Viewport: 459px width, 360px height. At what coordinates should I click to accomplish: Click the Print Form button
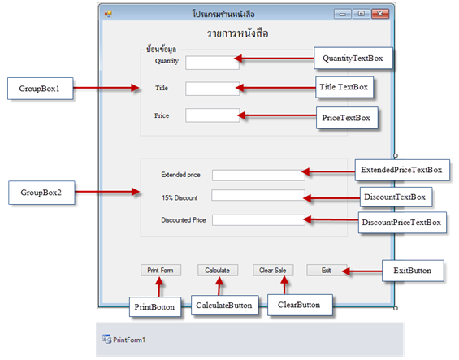tap(161, 270)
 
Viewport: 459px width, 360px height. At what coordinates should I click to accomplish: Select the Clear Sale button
tap(273, 270)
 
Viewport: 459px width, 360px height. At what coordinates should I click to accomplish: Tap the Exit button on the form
tap(327, 270)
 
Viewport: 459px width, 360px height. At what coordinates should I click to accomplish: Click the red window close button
tap(380, 14)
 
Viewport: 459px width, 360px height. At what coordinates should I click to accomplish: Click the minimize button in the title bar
tap(343, 14)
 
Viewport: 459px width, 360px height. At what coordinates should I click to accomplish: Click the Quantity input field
tap(212, 63)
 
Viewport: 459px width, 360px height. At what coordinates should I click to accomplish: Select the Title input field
tap(213, 89)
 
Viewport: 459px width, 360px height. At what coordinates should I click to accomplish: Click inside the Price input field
tap(213, 115)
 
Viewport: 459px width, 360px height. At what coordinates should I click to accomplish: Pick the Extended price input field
tap(258, 176)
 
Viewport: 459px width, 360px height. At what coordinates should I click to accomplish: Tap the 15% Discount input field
tap(258, 195)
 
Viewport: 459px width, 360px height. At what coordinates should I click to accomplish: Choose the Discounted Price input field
tap(258, 220)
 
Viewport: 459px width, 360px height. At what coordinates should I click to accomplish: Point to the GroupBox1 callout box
tap(41, 89)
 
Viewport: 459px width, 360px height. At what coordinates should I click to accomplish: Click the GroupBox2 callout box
tap(41, 193)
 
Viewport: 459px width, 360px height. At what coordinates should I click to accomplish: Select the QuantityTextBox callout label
tap(353, 58)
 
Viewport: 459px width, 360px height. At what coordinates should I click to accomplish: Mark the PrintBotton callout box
tap(155, 306)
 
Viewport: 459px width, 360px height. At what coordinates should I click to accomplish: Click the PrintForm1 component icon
tap(107, 339)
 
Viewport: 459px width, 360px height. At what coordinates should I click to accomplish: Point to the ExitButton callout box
tap(413, 271)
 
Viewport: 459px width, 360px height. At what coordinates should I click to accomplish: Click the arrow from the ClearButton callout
tap(284, 285)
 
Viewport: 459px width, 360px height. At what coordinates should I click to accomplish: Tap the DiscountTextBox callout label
tap(396, 197)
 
